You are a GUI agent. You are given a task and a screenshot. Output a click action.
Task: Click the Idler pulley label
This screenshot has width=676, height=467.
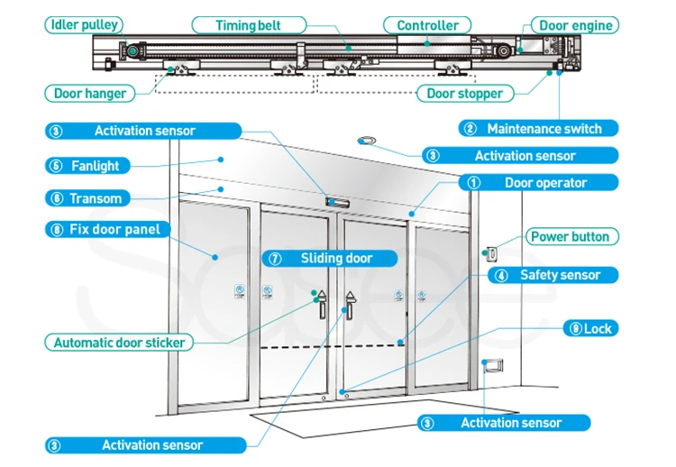click(x=84, y=24)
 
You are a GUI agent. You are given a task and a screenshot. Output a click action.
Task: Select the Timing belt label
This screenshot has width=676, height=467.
click(x=249, y=25)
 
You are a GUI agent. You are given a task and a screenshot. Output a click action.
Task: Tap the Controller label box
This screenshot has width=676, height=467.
click(x=427, y=25)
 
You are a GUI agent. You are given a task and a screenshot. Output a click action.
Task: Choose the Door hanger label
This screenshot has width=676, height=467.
click(x=90, y=93)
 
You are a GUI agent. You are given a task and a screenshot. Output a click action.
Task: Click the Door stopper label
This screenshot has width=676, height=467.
click(x=464, y=93)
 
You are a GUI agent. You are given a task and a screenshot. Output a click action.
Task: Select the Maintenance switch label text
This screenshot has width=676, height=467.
click(x=544, y=129)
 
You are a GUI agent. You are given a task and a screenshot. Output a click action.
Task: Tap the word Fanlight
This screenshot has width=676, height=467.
click(x=95, y=166)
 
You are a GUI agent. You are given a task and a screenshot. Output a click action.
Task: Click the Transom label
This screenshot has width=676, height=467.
click(x=95, y=198)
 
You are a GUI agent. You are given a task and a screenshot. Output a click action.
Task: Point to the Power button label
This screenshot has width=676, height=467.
click(x=570, y=237)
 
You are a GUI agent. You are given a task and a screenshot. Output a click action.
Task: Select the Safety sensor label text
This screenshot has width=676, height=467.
click(x=560, y=275)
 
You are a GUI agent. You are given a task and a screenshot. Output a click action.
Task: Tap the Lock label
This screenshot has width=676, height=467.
click(x=597, y=329)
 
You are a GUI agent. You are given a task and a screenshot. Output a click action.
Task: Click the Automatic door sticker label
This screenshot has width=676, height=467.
click(x=119, y=343)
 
